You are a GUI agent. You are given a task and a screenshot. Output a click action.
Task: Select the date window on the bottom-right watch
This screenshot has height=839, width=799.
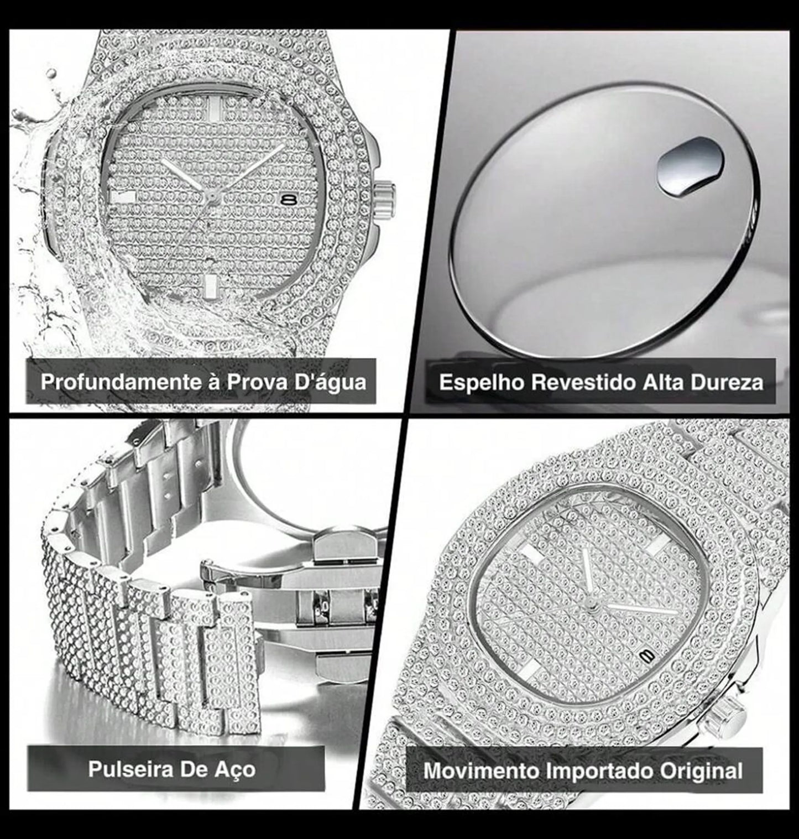(x=646, y=655)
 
